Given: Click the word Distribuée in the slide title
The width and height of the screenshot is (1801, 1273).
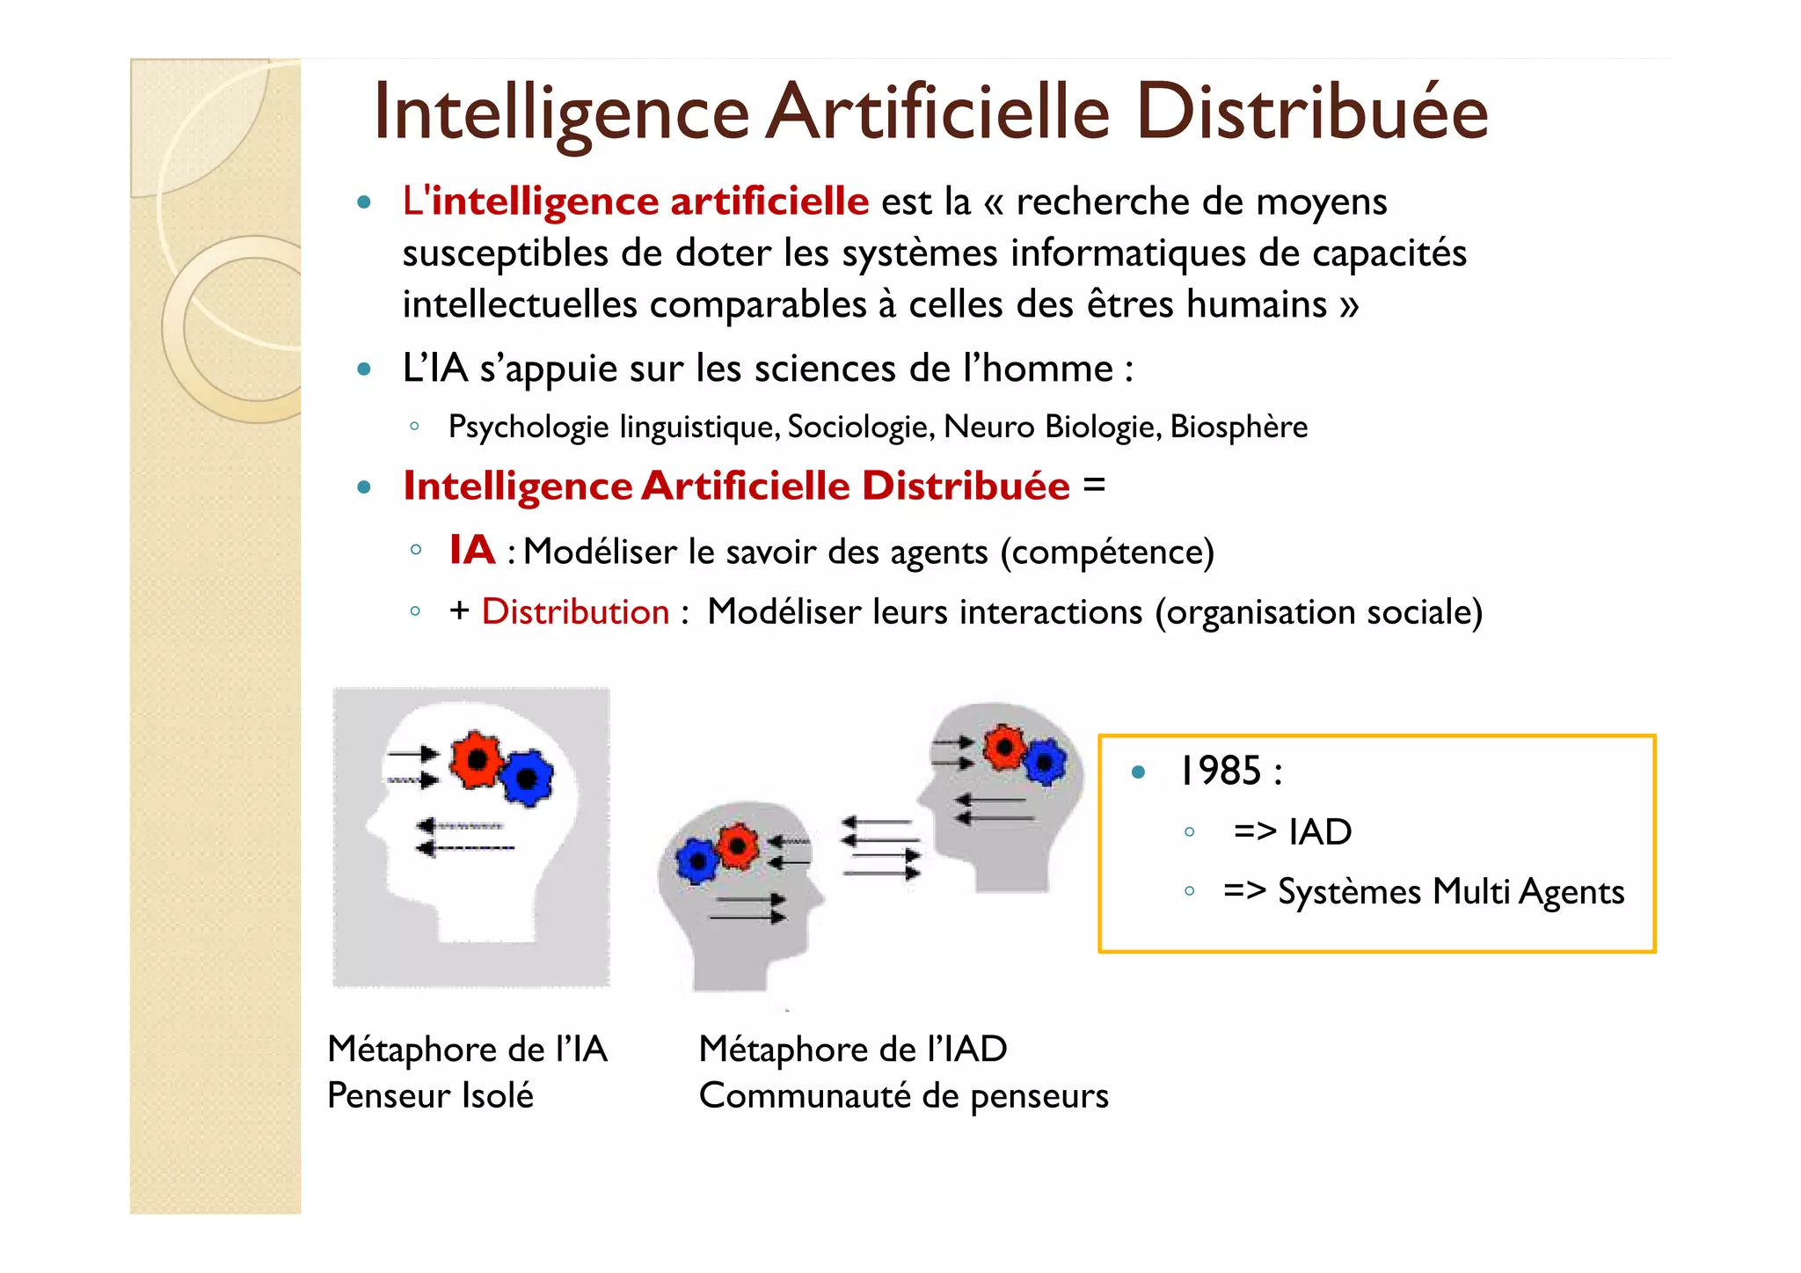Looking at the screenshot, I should [1311, 112].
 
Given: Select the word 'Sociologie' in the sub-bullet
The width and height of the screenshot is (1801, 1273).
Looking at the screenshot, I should [858, 427].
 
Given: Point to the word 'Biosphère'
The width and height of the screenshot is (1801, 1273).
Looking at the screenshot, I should [1239, 427].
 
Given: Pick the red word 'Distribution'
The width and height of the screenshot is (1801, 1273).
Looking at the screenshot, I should [576, 611].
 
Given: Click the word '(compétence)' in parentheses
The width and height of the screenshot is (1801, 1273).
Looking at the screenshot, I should [1107, 552].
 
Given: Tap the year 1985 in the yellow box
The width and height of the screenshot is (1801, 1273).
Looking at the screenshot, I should [1220, 771].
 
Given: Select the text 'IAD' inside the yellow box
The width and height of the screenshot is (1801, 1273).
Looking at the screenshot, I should [1320, 831].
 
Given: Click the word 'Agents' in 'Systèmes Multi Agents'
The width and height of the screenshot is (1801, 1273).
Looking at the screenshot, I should [1571, 892].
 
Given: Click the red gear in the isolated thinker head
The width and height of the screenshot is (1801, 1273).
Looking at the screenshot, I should [476, 759].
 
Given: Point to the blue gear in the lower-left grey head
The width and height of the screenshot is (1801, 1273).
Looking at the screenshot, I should [697, 860].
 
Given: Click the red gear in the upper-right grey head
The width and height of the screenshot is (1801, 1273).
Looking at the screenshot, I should [1003, 748].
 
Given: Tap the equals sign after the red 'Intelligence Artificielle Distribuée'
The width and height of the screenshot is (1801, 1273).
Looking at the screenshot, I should [1094, 485].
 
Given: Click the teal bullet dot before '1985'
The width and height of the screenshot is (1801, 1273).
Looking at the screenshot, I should [1139, 772].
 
